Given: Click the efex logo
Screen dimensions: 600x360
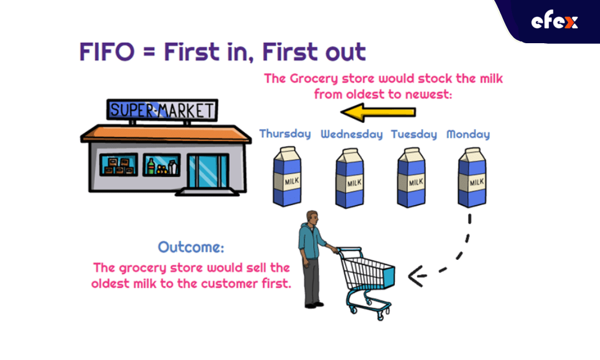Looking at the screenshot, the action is click(554, 22).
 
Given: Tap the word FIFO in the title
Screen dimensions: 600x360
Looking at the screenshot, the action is click(107, 52).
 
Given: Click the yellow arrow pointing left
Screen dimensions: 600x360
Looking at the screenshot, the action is click(377, 112).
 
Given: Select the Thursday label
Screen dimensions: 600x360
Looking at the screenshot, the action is click(285, 134).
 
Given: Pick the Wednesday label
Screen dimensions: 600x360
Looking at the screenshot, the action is click(351, 134).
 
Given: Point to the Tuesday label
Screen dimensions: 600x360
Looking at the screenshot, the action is click(413, 134).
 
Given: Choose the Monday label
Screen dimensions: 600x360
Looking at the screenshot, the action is click(468, 134).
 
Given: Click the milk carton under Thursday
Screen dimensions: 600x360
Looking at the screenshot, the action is click(287, 177).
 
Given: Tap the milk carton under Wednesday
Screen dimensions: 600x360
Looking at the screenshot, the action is click(349, 178).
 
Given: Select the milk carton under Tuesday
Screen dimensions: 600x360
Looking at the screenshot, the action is click(411, 178).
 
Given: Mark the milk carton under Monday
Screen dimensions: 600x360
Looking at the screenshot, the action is click(472, 178).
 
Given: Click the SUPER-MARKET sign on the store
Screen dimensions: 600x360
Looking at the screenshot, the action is click(162, 110).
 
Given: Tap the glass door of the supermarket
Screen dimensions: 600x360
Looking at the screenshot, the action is click(208, 170).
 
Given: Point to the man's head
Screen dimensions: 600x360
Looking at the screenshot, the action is click(312, 218).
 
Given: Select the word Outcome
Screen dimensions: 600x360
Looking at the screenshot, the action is click(191, 247).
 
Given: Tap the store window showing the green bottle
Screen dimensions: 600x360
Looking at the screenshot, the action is click(161, 165).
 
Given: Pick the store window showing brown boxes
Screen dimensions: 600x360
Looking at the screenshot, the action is click(119, 165).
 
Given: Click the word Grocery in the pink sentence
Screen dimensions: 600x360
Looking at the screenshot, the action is click(314, 79).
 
